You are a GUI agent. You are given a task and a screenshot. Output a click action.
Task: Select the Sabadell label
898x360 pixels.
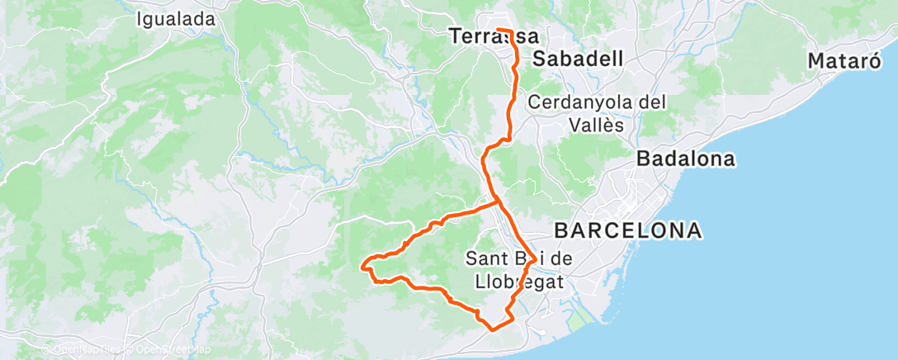577,59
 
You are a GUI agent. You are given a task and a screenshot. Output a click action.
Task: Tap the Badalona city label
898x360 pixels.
685,159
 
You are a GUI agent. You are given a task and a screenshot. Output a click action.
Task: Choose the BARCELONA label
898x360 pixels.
628,230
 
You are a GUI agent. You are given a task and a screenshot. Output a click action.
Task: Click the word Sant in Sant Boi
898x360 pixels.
484,258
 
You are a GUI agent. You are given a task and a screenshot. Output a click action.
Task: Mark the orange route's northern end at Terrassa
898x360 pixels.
498,31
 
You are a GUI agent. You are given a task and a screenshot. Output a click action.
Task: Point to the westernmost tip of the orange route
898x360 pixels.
364,265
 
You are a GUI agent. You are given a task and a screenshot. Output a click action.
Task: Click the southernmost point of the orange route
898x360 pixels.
494,329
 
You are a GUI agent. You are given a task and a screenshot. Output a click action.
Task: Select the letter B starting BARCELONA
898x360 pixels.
563,230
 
